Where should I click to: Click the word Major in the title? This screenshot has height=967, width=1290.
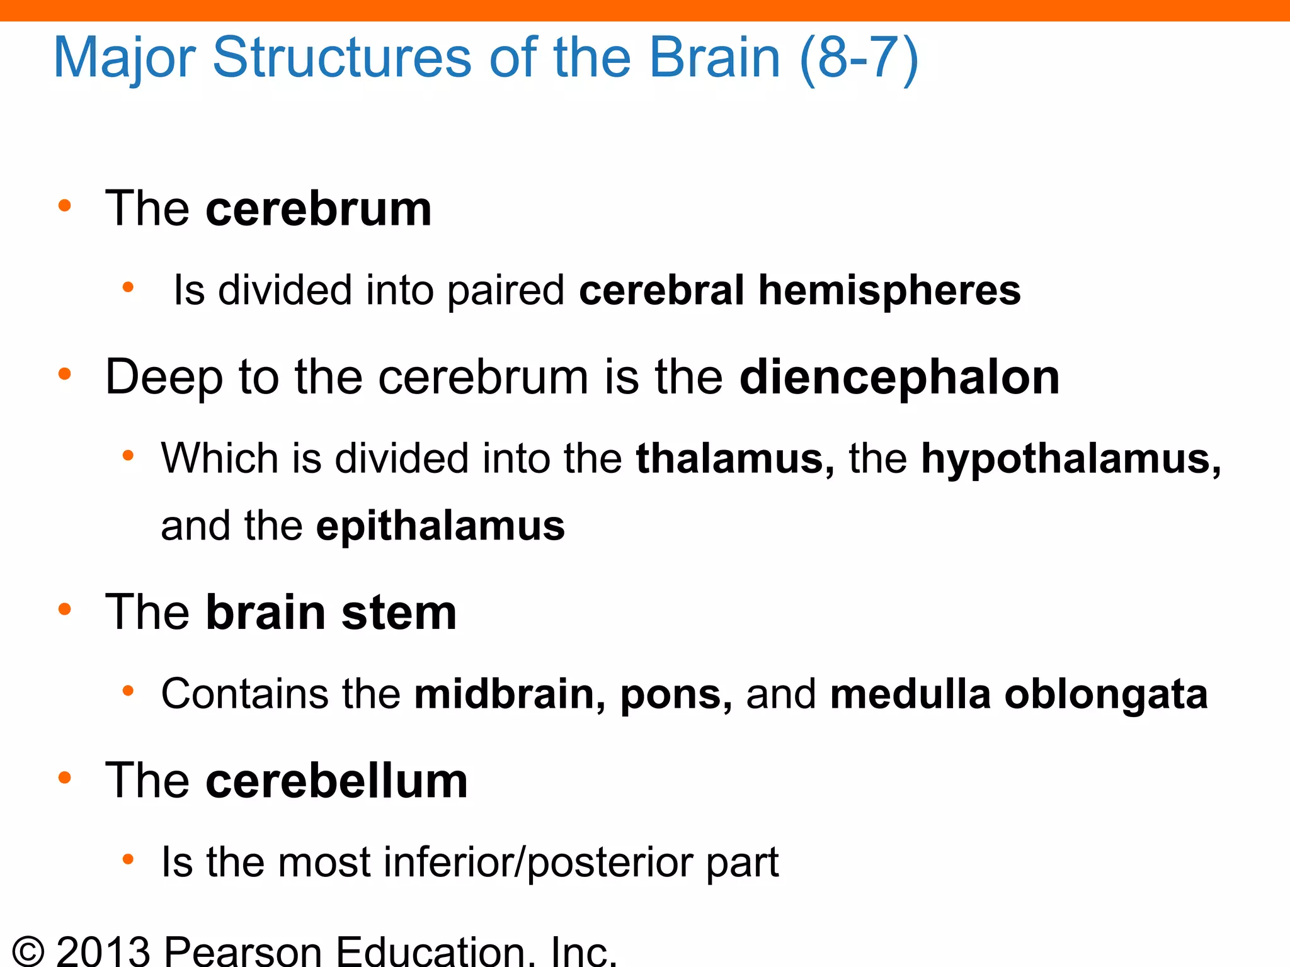pos(125,59)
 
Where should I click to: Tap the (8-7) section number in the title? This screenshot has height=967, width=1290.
pos(859,59)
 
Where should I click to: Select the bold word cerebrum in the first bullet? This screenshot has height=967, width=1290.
pos(319,209)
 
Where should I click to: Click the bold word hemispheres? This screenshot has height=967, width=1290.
pos(889,290)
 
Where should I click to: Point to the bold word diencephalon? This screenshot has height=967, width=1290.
pos(899,377)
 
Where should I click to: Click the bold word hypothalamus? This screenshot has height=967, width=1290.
pos(1071,460)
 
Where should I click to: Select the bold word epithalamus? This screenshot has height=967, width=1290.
pos(440,526)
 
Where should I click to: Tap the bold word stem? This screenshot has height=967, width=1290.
pos(399,613)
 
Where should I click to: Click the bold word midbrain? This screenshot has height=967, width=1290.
pos(510,694)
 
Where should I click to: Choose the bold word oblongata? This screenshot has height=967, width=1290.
pos(1106,694)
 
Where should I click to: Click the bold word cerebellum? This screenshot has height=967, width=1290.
pos(337,781)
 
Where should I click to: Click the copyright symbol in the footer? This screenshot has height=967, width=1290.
pos(28,952)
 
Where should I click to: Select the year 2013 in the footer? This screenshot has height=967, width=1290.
pos(103,952)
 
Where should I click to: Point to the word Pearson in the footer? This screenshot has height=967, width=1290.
pos(244,952)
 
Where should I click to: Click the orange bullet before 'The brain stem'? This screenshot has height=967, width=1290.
pos(64,609)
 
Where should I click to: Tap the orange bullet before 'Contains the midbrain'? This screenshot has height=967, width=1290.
pos(128,691)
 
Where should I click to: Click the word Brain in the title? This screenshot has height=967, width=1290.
pos(715,59)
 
